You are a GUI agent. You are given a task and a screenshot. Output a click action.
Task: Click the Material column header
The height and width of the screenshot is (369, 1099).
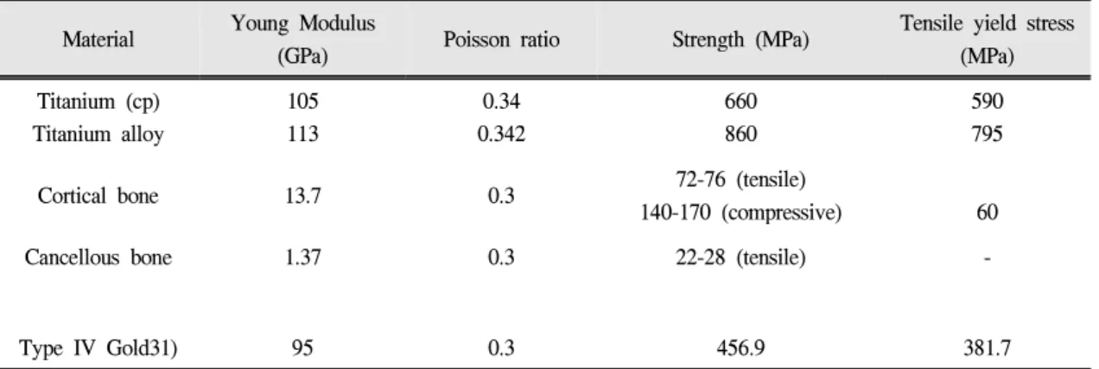[x=98, y=39]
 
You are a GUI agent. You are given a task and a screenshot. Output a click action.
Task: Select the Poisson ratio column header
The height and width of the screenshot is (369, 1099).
[x=501, y=39]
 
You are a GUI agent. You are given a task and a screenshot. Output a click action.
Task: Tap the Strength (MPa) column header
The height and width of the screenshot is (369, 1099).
[x=740, y=40]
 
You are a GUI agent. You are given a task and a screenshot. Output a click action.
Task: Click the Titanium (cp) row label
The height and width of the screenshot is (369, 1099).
[x=98, y=102]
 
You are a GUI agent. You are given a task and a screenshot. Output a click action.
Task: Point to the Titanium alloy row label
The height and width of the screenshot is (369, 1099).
[x=98, y=134]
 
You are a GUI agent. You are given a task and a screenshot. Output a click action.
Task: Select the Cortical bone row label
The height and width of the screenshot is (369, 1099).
[x=98, y=196]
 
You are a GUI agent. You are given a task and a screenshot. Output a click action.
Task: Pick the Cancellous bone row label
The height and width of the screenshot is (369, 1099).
[x=98, y=258]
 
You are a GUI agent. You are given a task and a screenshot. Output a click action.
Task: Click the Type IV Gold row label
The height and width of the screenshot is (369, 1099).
[x=98, y=348]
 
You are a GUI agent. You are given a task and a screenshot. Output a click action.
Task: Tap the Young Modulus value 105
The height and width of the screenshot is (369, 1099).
[x=302, y=101]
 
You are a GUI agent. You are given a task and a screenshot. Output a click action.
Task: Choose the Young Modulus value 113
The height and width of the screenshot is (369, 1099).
[x=302, y=133]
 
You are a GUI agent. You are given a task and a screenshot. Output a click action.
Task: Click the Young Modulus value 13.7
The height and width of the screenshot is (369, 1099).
[x=302, y=196]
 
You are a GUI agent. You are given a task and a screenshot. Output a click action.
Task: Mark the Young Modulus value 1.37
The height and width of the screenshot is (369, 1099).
[x=302, y=258]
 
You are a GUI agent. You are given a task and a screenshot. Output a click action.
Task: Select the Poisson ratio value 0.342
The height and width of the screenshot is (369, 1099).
[x=501, y=133]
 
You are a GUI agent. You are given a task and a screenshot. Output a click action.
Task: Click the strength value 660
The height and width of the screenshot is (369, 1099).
[x=740, y=101]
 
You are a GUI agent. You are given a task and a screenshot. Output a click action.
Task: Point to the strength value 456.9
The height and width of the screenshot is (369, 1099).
[x=740, y=348]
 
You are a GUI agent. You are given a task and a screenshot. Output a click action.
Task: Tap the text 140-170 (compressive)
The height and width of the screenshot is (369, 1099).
[x=740, y=213]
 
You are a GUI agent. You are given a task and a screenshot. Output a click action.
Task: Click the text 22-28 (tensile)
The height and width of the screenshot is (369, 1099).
[x=740, y=258]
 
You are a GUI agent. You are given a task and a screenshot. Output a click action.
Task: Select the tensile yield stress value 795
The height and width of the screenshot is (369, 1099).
[x=988, y=133]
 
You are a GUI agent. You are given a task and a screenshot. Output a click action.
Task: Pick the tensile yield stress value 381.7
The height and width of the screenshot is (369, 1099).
[x=988, y=348]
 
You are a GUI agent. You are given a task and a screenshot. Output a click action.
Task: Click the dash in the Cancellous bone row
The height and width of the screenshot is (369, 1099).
[x=988, y=258]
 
